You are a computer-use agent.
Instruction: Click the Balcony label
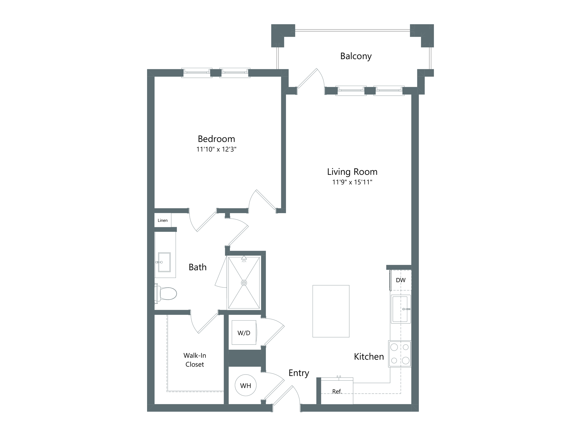(x=356, y=56)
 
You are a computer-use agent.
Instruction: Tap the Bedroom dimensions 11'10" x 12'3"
(x=216, y=149)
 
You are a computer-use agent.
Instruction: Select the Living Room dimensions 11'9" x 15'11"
(x=352, y=182)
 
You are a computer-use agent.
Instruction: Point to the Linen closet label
(x=162, y=220)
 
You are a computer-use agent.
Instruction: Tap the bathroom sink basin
(x=164, y=262)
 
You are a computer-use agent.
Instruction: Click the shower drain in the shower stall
(x=244, y=283)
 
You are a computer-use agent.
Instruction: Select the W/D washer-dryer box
(x=244, y=332)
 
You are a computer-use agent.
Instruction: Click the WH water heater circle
(x=246, y=385)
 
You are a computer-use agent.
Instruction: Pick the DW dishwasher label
(x=401, y=280)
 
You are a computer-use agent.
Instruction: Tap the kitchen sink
(x=401, y=309)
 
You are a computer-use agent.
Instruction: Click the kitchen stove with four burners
(x=400, y=354)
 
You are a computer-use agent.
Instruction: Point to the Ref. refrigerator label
(x=337, y=391)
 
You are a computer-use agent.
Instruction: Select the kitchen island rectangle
(x=331, y=311)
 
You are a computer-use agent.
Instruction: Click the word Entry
(x=299, y=373)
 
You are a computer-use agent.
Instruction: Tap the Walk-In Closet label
(x=195, y=360)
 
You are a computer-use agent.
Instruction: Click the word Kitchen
(x=369, y=357)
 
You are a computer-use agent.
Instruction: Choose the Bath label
(x=198, y=267)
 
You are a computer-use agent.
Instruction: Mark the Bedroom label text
(x=216, y=139)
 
